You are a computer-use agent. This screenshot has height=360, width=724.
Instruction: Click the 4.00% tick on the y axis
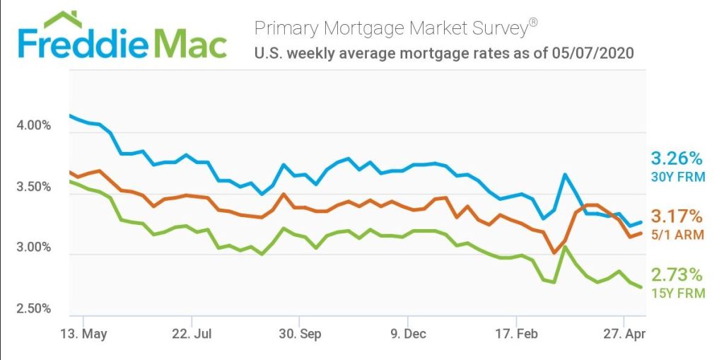pyautogui.click(x=33, y=126)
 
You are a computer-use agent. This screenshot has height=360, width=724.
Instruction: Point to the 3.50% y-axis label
pyautogui.click(x=33, y=187)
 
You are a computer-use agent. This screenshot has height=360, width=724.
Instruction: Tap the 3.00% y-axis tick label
pyautogui.click(x=33, y=248)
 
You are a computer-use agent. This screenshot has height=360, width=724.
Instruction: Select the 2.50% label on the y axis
pyautogui.click(x=33, y=308)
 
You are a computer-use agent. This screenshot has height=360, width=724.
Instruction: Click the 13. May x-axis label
pyautogui.click(x=83, y=333)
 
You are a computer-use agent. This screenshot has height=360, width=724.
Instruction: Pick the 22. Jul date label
pyautogui.click(x=192, y=333)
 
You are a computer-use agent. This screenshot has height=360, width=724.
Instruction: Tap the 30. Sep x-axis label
pyautogui.click(x=300, y=333)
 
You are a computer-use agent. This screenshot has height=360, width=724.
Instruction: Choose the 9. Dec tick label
pyautogui.click(x=408, y=333)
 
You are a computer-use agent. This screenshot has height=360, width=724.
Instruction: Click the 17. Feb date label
pyautogui.click(x=515, y=333)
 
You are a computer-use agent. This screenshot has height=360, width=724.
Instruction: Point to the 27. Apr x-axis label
pyautogui.click(x=623, y=333)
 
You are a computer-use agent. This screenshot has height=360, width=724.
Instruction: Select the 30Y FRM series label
pyautogui.click(x=678, y=177)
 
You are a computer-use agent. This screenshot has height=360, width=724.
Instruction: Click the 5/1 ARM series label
pyautogui.click(x=678, y=235)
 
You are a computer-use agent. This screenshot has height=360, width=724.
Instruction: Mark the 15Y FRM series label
pyautogui.click(x=678, y=293)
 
